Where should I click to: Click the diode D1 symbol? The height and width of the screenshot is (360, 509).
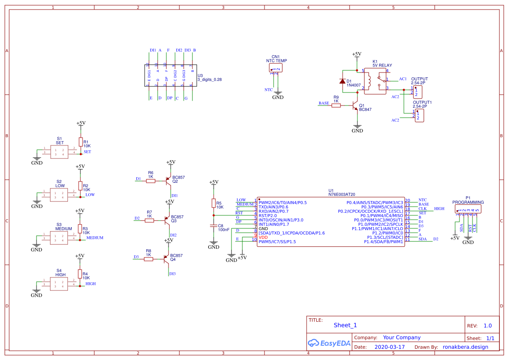click(342, 81)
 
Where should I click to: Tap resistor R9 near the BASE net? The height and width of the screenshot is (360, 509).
click(336, 105)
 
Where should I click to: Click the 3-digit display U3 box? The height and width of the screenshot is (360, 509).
click(170, 76)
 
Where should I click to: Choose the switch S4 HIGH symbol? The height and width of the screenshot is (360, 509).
click(59, 284)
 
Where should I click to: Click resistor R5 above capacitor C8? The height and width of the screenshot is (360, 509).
click(213, 203)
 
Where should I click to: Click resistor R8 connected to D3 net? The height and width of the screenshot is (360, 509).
click(149, 259)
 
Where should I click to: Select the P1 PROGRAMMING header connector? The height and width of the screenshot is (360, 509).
click(468, 210)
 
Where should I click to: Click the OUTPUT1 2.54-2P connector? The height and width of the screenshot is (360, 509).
click(419, 116)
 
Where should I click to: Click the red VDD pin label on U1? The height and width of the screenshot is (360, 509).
click(263, 238)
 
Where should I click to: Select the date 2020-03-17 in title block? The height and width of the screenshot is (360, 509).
click(389, 347)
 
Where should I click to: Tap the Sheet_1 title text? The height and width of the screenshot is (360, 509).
click(345, 325)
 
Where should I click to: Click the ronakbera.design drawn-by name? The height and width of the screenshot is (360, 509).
click(465, 347)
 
